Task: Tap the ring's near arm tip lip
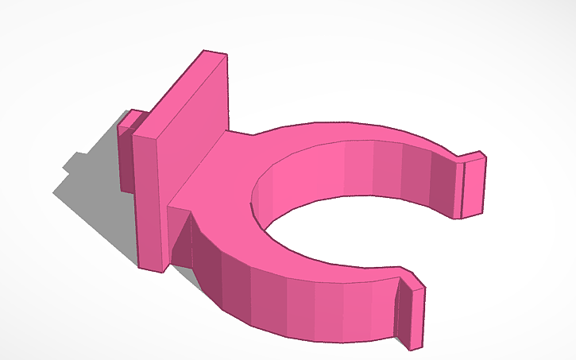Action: pos(416,318)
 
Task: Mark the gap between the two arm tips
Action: pos(453,254)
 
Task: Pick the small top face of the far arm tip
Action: pos(472,157)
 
